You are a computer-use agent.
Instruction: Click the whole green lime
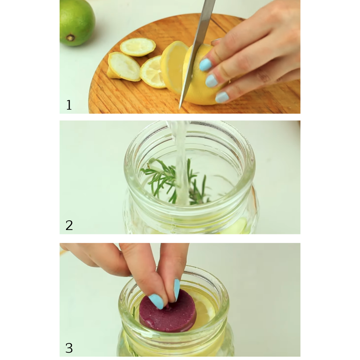pyautogui.click(x=77, y=22)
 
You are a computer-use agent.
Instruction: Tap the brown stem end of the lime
pyautogui.click(x=70, y=38)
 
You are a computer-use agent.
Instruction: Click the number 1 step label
pyautogui.click(x=69, y=105)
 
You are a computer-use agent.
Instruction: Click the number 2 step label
pyautogui.click(x=69, y=226)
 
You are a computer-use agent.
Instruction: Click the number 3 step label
pyautogui.click(x=69, y=348)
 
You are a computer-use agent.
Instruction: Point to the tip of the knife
pyautogui.click(x=180, y=109)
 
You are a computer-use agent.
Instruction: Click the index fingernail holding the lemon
pyautogui.click(x=205, y=65)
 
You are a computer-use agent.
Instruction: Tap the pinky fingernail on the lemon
pyautogui.click(x=222, y=97)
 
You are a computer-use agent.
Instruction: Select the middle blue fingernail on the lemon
pyautogui.click(x=211, y=81)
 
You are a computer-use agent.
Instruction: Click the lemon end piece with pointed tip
pyautogui.click(x=124, y=67)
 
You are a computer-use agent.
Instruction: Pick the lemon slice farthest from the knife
pyautogui.click(x=138, y=47)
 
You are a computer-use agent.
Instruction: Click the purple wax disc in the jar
pyautogui.click(x=168, y=310)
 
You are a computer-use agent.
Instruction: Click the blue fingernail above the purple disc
pyautogui.click(x=176, y=290)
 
